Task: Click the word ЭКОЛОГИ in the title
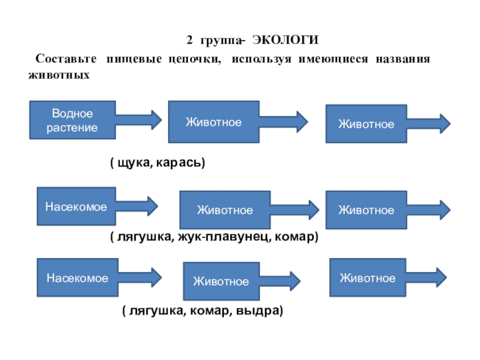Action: [x=286, y=40]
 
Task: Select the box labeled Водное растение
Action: [x=73, y=120]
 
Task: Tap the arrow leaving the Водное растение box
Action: [x=139, y=119]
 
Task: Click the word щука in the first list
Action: [x=133, y=163]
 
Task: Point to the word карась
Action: [x=179, y=162]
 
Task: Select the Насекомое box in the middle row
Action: [x=76, y=206]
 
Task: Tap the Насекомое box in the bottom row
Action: [x=77, y=277]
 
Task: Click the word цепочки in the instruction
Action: [x=194, y=59]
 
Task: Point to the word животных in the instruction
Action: [x=59, y=75]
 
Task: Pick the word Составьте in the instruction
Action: [x=66, y=58]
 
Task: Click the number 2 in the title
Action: [x=190, y=40]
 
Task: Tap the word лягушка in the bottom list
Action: [x=157, y=311]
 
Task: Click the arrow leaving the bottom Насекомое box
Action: [x=140, y=277]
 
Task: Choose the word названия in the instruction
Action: [x=403, y=58]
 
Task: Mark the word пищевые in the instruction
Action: [x=134, y=59]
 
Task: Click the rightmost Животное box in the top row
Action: [x=366, y=124]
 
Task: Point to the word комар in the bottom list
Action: [x=209, y=311]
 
